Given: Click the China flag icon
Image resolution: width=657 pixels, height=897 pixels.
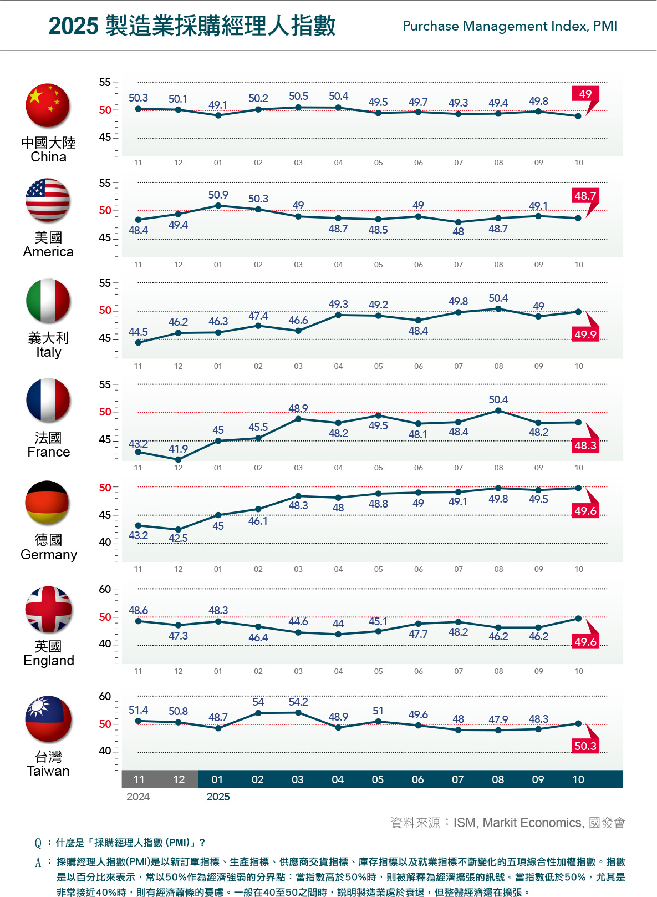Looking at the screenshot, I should click(x=48, y=105).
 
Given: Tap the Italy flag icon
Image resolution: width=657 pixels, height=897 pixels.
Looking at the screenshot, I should click(x=48, y=301).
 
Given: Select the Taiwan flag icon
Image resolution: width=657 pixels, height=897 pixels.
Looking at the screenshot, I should click(x=48, y=719).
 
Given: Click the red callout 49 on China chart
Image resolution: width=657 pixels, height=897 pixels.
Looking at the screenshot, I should click(x=585, y=94).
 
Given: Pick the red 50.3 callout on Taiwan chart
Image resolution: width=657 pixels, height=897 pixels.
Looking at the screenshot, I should click(x=585, y=746).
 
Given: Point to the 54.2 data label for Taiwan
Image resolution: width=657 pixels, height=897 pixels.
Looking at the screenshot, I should click(x=298, y=702).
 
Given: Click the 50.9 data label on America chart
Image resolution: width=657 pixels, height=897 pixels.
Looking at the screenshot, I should click(x=218, y=195).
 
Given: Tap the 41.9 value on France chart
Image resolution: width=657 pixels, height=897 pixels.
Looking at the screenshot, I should click(x=178, y=449).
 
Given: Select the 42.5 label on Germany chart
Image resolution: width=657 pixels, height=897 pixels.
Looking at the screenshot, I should click(x=178, y=538).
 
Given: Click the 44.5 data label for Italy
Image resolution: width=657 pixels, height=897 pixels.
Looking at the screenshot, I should click(x=138, y=332).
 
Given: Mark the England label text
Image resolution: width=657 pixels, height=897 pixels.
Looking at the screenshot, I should click(x=49, y=660).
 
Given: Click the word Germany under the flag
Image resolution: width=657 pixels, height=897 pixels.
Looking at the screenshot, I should click(x=49, y=554).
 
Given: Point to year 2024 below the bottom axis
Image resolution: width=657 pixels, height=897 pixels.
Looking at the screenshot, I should click(x=138, y=797).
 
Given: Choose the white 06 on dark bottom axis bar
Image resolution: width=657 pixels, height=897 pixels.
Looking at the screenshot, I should click(x=417, y=779).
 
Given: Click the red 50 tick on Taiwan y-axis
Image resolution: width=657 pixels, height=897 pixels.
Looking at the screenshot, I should click(x=105, y=724).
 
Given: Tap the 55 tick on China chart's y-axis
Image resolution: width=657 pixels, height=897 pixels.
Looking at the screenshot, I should click(x=105, y=82).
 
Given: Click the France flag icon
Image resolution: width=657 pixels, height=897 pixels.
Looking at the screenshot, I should click(x=48, y=400).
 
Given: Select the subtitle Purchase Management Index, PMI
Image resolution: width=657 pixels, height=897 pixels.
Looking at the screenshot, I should click(x=510, y=26).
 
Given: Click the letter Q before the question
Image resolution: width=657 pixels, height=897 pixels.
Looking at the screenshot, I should click(x=38, y=843).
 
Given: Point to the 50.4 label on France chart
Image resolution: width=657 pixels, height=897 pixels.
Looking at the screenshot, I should click(x=498, y=399).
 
